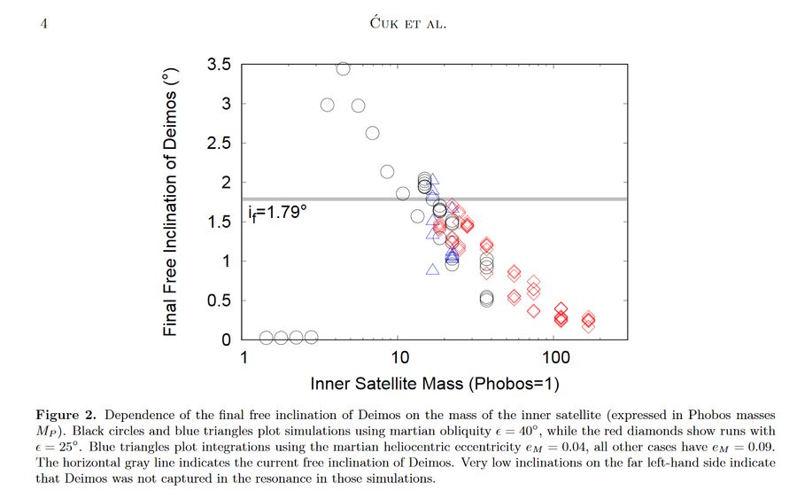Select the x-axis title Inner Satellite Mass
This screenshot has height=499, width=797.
pyautogui.click(x=435, y=384)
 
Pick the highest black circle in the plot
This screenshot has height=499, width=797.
pyautogui.click(x=343, y=68)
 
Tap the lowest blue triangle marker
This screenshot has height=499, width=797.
pyautogui.click(x=432, y=269)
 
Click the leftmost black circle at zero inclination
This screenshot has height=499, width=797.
pyautogui.click(x=267, y=337)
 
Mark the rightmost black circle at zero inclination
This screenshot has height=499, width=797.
pyautogui.click(x=311, y=337)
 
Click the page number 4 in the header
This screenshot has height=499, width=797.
pyautogui.click(x=43, y=23)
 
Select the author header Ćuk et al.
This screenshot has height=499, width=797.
pyautogui.click(x=407, y=23)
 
